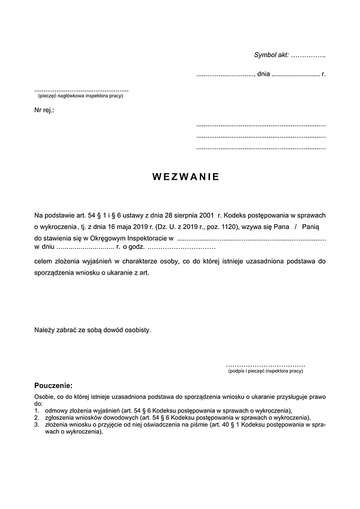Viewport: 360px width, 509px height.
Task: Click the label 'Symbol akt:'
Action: point(272,55)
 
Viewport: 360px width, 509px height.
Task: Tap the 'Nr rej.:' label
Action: point(44,111)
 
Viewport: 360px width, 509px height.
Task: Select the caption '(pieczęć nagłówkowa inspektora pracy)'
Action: point(80,96)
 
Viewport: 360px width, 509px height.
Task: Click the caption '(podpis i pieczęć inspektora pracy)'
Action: point(265,372)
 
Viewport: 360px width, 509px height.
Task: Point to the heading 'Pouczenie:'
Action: point(53,385)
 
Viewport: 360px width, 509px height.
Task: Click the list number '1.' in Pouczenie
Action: point(37,410)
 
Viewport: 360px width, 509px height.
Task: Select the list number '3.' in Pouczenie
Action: point(37,424)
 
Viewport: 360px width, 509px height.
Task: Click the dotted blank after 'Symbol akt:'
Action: point(308,55)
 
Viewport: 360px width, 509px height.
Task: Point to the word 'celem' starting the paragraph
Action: point(43,261)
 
